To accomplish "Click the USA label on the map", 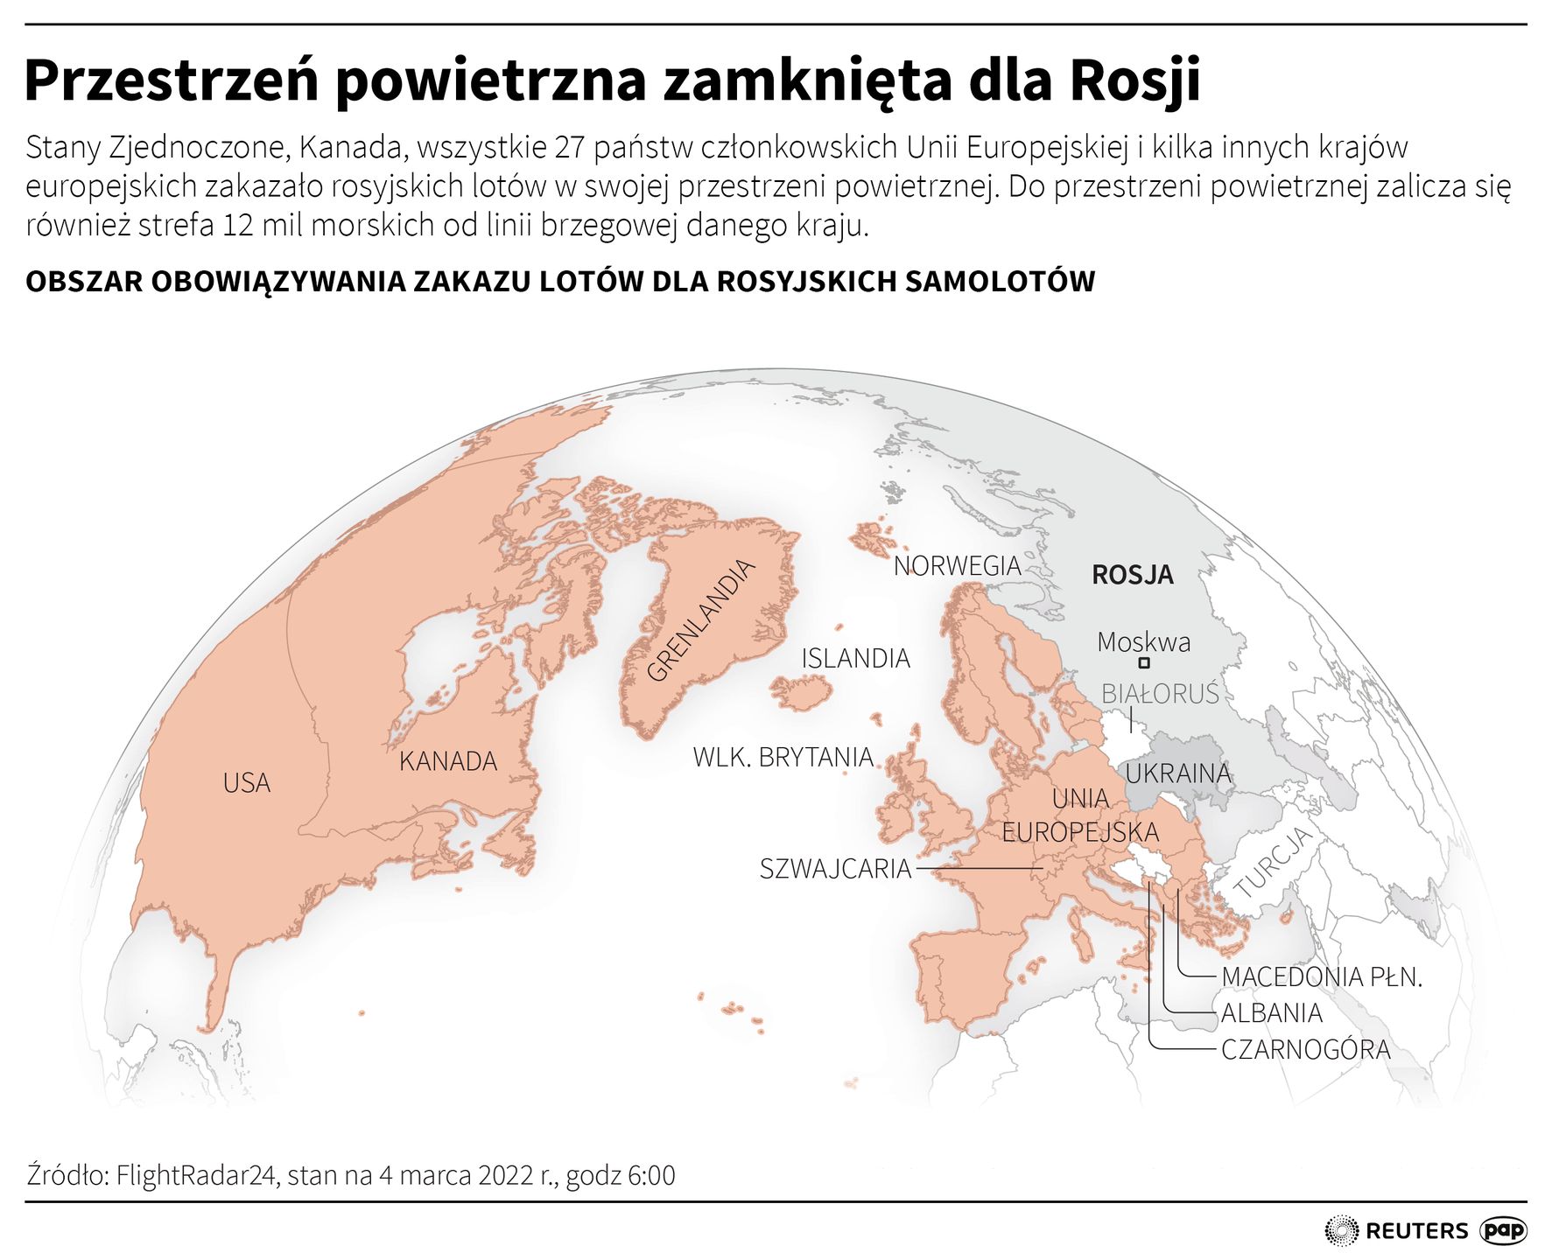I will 246,783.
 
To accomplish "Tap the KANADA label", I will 447,761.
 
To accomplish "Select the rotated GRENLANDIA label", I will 699,621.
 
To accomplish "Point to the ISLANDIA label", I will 855,658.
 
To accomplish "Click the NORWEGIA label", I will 957,566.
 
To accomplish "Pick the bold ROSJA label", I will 1132,575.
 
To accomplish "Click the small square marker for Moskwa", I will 1144,664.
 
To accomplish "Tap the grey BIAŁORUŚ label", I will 1159,694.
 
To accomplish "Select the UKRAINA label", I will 1177,773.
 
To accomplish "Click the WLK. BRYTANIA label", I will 783,757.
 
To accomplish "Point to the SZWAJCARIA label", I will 835,869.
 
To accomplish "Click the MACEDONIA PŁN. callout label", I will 1321,976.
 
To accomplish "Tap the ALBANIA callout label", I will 1271,1013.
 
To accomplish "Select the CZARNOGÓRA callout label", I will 1305,1049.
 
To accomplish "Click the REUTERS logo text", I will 1415,1231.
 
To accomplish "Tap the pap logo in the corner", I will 1503,1231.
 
